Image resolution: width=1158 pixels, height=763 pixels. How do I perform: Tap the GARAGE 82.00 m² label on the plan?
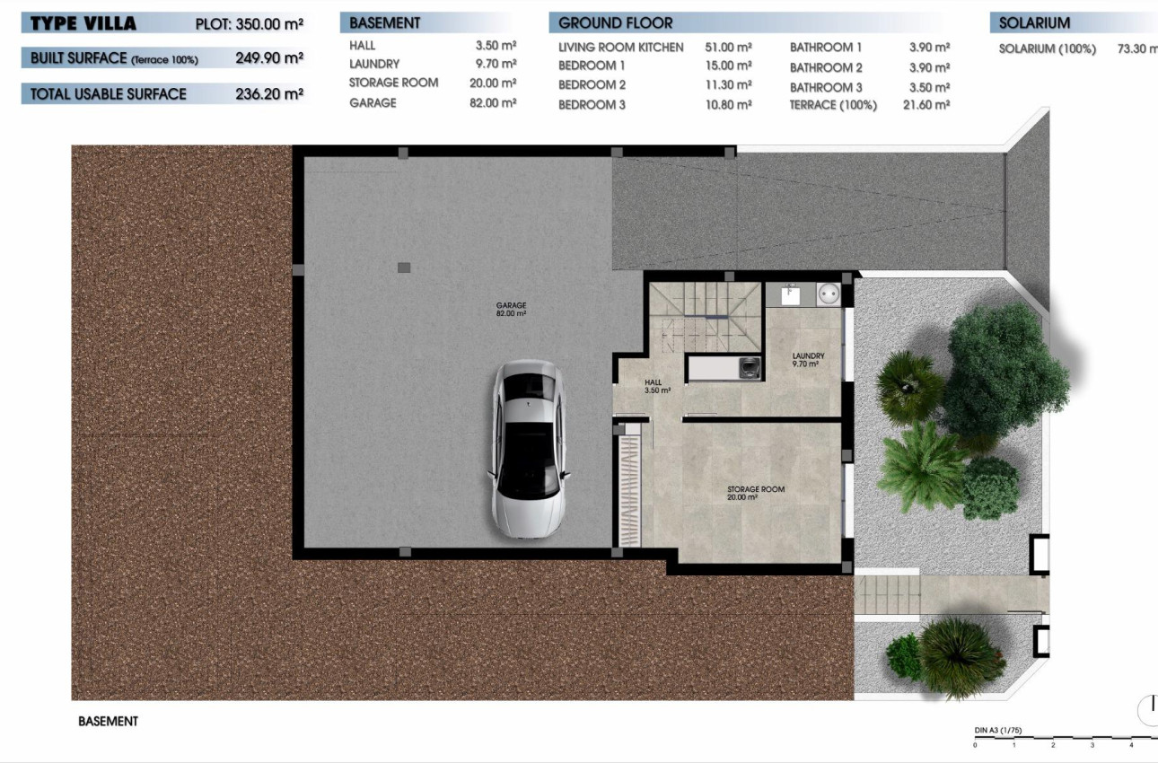[x=511, y=310]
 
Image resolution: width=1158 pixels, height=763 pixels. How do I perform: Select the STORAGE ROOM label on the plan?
[x=756, y=493]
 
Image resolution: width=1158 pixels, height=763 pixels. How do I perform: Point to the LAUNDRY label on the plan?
[x=807, y=360]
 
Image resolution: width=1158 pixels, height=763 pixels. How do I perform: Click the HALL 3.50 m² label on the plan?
[x=657, y=387]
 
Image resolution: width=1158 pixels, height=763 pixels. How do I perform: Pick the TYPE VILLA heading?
[x=83, y=24]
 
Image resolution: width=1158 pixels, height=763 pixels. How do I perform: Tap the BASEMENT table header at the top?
[x=384, y=23]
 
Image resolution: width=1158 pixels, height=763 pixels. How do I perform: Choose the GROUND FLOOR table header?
[x=615, y=23]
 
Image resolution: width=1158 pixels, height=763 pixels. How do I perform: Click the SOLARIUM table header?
[x=1033, y=23]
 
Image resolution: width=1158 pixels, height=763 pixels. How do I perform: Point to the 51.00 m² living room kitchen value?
[x=730, y=47]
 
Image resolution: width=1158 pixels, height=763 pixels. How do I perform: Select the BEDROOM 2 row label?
[x=592, y=85]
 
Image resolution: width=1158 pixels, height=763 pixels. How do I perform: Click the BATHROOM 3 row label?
[x=826, y=87]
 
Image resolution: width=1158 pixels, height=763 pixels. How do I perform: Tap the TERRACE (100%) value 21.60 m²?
[x=929, y=105]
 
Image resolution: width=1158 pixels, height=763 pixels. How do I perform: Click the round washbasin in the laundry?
[x=828, y=294]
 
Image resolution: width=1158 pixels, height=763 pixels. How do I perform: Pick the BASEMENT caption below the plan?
[x=109, y=721]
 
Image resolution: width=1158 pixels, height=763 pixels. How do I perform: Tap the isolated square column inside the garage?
[x=404, y=267]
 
